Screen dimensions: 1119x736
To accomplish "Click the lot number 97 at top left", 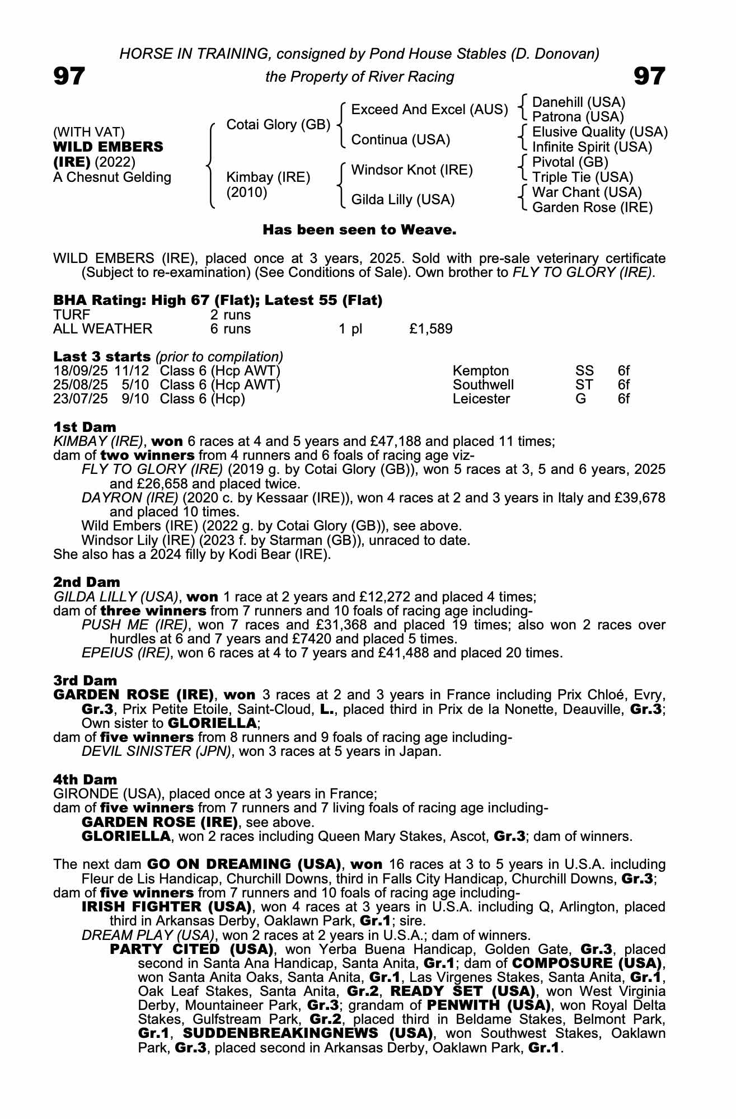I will [x=69, y=77].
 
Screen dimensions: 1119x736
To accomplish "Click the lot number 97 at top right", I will [x=649, y=77].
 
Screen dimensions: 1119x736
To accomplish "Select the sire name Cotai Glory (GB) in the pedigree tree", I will [x=278, y=125].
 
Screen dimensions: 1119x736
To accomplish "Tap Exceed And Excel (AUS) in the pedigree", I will [x=429, y=110].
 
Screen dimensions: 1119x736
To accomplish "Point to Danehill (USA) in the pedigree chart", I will [x=579, y=102].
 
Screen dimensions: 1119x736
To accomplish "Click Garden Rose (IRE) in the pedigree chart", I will [x=592, y=208].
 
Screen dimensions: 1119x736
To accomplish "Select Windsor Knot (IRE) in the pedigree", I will [x=412, y=170].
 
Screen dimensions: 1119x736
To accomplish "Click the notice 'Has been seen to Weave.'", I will [x=360, y=230].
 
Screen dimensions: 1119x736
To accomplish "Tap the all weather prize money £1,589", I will [x=430, y=329].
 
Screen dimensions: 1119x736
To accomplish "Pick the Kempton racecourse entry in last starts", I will [x=481, y=371].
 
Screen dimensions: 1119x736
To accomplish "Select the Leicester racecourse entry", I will [x=481, y=399].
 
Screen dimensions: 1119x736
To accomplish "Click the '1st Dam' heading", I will [x=85, y=427].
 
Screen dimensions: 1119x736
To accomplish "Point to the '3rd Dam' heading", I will [x=85, y=680].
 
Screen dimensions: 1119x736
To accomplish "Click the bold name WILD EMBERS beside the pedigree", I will [x=108, y=147].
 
